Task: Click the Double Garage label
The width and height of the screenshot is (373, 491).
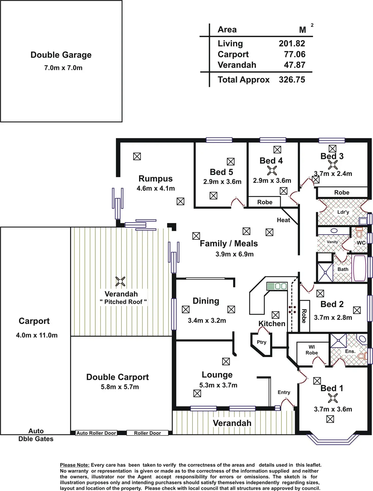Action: tap(61, 55)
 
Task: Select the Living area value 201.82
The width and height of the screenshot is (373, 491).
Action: tap(292, 44)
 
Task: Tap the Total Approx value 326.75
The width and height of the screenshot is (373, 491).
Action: tap(292, 80)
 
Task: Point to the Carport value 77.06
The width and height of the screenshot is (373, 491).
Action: tap(295, 54)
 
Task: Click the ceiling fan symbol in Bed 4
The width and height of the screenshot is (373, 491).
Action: tap(272, 171)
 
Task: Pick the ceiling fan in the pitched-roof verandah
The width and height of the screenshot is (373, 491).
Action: tap(120, 281)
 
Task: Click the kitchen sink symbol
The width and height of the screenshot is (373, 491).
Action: tap(277, 286)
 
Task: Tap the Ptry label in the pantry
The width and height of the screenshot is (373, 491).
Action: tap(262, 342)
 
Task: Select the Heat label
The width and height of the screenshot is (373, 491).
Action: tap(283, 220)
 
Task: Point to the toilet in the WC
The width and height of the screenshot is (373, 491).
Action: tap(359, 231)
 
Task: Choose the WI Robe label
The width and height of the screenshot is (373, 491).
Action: tap(312, 350)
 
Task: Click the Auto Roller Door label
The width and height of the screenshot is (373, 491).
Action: tap(96, 433)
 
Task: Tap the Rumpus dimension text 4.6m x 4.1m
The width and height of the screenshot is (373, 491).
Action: tap(156, 188)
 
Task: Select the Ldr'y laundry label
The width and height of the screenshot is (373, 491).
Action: tap(343, 212)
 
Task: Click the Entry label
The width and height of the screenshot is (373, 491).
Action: tap(284, 392)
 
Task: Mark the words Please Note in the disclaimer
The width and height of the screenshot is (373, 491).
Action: tap(75, 465)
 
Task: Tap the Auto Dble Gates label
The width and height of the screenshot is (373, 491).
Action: tap(36, 435)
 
